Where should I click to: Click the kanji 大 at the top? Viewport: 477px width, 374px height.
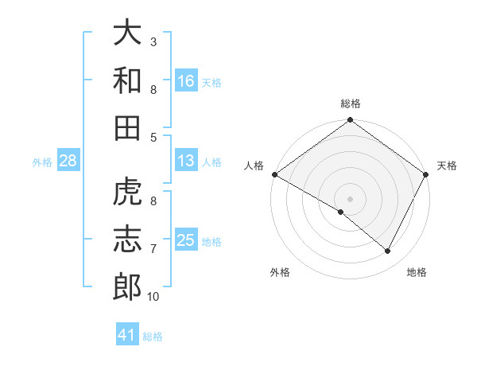coord(127,33)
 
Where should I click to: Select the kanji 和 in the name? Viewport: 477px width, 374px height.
coord(127,80)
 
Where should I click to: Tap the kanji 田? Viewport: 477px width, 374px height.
coord(127,127)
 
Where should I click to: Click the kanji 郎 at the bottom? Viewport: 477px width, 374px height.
coord(127,287)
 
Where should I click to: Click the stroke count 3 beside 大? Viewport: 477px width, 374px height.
coord(153,41)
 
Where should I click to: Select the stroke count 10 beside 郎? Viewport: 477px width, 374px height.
coord(153,297)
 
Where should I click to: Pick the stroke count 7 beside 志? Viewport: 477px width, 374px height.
coord(153,249)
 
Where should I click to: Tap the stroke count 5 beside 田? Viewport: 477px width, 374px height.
coord(153,137)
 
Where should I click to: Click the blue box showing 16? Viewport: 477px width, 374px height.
coord(185,80)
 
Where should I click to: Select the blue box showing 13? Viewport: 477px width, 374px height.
coord(185,162)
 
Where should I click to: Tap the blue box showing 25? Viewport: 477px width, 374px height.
coord(185,240)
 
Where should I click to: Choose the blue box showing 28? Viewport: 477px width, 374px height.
coord(68,162)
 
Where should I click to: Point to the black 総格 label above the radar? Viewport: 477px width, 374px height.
coord(351,104)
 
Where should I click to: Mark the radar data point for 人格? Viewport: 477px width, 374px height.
coord(274,174)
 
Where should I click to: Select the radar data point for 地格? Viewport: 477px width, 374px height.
coord(388,251)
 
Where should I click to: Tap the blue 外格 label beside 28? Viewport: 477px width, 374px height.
coord(42,162)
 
